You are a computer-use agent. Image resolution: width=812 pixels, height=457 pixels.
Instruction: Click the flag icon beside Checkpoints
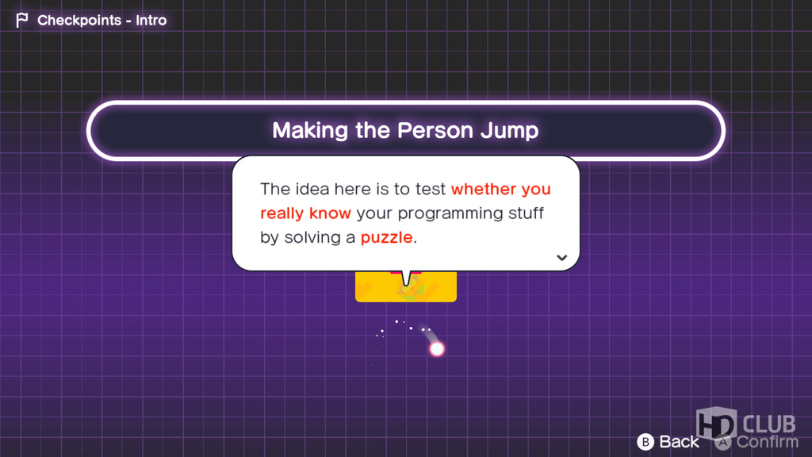point(21,20)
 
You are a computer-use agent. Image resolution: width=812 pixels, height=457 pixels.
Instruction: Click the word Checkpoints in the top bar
point(79,20)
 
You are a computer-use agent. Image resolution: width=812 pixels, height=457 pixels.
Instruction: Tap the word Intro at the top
point(151,20)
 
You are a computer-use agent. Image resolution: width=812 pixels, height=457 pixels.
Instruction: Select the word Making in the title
point(311,131)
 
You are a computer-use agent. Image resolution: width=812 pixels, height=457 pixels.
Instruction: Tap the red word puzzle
point(387,238)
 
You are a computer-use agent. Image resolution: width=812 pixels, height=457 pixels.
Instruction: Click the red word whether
point(484,189)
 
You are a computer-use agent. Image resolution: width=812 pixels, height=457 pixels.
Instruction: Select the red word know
point(330,213)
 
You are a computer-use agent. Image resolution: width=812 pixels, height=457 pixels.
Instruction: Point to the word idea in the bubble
point(312,189)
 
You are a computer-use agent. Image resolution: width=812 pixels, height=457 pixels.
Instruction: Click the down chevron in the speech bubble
point(562,258)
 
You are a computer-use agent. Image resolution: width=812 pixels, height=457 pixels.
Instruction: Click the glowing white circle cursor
point(437,349)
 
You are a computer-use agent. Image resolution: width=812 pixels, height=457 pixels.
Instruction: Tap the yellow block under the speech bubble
point(406,286)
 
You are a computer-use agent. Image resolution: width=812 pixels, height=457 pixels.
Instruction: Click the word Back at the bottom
point(679,442)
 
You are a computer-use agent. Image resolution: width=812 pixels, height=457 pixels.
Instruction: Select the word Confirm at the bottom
point(768,442)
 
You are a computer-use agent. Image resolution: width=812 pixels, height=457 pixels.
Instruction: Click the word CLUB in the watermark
point(769,424)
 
